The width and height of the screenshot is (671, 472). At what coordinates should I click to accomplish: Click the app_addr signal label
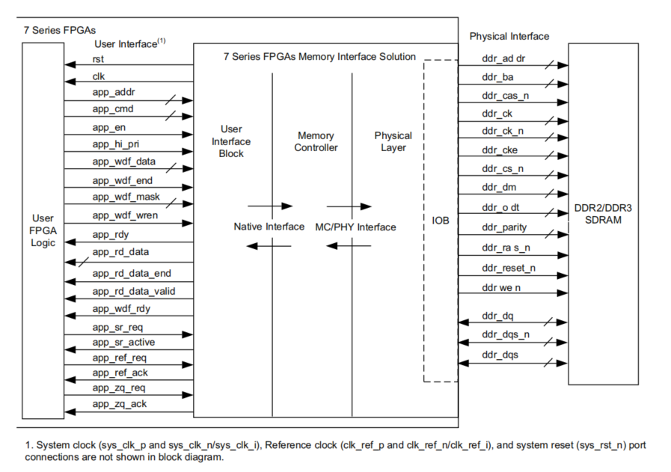(114, 94)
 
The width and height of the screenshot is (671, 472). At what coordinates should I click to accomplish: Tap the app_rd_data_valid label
(134, 291)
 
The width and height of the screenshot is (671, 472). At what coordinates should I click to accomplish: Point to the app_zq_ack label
(120, 404)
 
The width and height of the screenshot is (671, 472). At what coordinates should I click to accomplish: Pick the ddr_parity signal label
(504, 227)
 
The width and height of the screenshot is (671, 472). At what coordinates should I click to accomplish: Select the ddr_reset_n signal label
(509, 267)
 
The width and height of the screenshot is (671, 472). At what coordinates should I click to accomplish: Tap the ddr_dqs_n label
(504, 334)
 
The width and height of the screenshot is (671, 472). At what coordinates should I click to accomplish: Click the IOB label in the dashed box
(441, 221)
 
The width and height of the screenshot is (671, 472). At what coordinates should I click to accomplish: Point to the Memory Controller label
(316, 141)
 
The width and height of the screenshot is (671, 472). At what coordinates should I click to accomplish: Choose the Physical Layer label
(393, 141)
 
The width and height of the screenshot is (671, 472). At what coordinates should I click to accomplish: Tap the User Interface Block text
(231, 141)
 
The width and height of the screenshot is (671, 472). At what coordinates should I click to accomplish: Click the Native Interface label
(269, 227)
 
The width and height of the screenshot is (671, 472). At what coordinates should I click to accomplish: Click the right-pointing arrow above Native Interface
(269, 206)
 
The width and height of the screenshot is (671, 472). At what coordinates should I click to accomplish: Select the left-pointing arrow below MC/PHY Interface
(349, 245)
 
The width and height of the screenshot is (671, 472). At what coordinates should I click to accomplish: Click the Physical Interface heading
(509, 36)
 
